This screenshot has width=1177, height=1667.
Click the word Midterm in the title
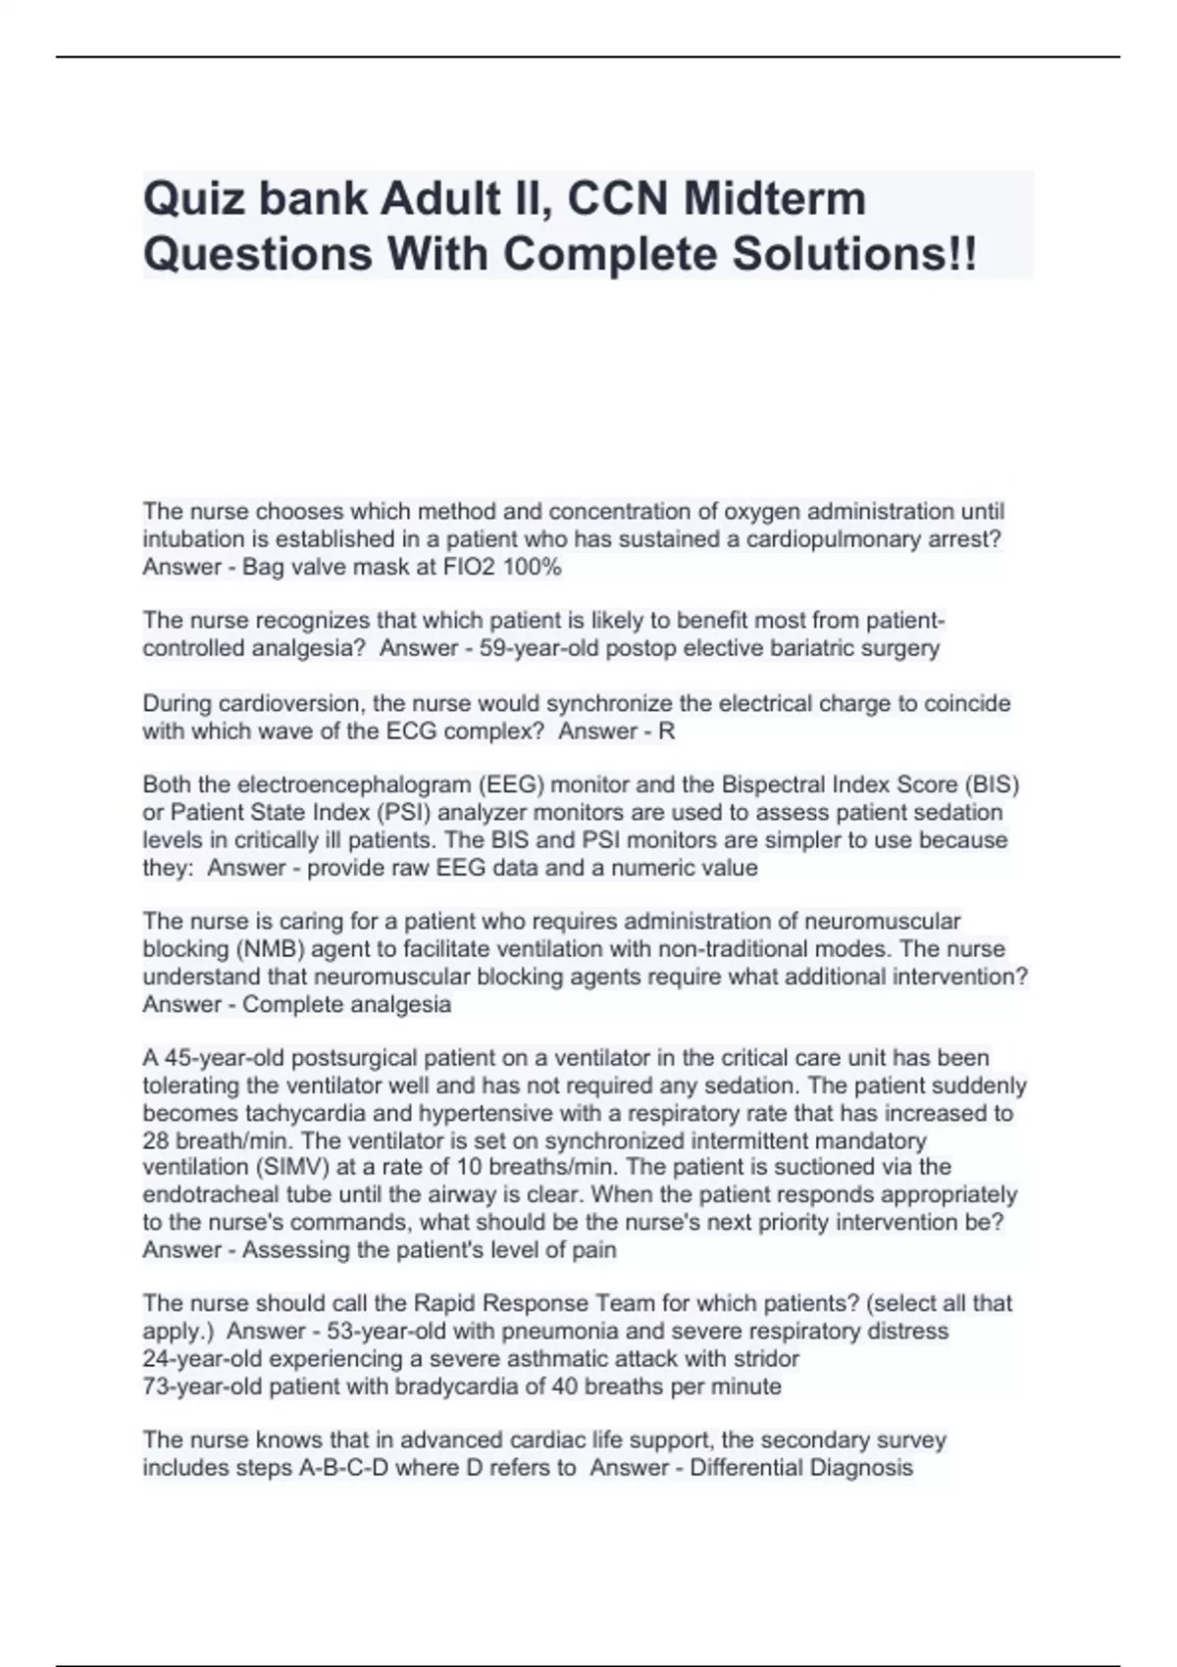[x=775, y=199]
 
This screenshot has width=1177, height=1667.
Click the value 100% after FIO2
[x=531, y=567]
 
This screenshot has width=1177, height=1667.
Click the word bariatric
[x=793, y=648]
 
